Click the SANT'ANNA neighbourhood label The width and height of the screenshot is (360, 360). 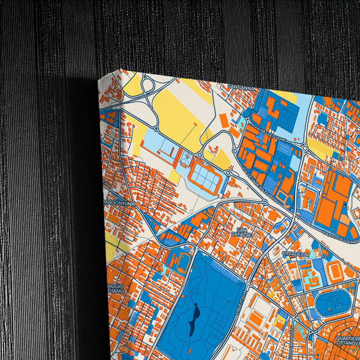pos(242,87)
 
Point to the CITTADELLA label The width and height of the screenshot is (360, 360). pos(295,253)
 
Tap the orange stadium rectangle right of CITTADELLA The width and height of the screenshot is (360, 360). pos(335,272)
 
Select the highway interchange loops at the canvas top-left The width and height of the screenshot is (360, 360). pos(145,95)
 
